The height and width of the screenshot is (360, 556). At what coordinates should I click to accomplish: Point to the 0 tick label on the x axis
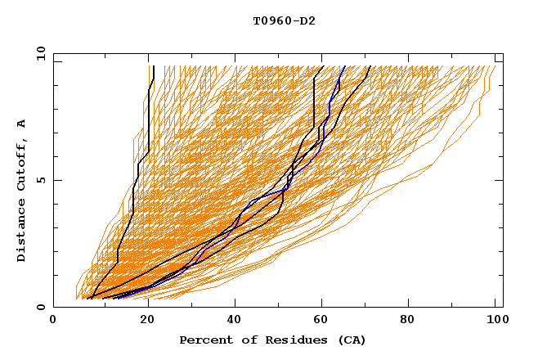pos(53,321)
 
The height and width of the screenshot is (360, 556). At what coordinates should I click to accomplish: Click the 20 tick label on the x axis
pos(144,321)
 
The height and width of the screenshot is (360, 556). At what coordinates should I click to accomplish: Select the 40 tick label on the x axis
pos(234,321)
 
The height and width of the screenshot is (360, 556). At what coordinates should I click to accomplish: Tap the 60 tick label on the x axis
pos(324,321)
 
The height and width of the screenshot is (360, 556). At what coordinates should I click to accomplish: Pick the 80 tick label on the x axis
pos(414,321)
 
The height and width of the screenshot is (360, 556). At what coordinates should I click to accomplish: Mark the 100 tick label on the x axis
pos(492,321)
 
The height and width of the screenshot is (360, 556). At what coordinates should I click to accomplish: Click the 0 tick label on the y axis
pos(41,307)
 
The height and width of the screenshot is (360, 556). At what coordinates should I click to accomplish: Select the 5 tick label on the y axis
pos(41,180)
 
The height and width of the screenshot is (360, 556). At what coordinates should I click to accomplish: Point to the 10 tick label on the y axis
pos(38,52)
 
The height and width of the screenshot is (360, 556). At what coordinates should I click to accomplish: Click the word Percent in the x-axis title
pos(202,340)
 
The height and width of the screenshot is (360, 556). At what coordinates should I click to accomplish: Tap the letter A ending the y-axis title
pos(22,124)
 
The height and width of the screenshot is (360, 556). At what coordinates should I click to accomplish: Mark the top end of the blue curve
pos(344,67)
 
